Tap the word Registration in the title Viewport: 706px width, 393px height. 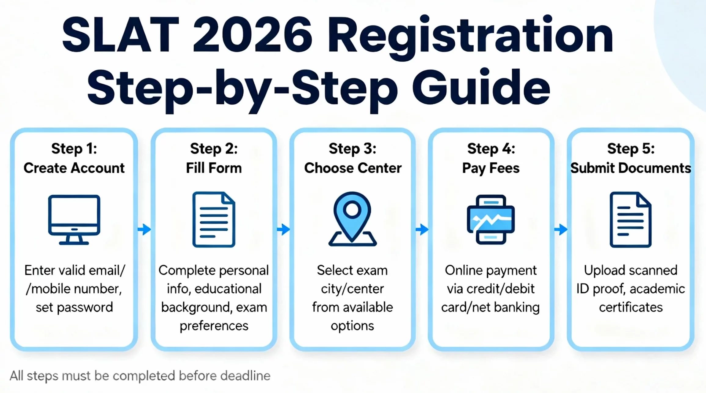[x=470, y=37]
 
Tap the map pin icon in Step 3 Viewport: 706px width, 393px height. [x=352, y=218]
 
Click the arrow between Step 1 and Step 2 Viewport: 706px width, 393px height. [x=144, y=229]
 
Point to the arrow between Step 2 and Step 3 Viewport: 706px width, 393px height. [x=283, y=229]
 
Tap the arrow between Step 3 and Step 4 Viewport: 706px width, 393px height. [x=422, y=229]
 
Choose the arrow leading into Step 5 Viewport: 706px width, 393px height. [x=561, y=229]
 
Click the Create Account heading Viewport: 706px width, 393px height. [x=74, y=168]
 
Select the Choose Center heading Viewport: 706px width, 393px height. [x=353, y=168]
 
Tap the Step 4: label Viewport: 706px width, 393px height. [x=491, y=149]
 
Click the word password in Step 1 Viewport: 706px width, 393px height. [x=85, y=307]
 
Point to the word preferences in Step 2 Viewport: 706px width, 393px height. [x=214, y=326]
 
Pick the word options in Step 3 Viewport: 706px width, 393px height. [x=352, y=326]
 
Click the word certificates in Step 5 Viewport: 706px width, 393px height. [x=631, y=307]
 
